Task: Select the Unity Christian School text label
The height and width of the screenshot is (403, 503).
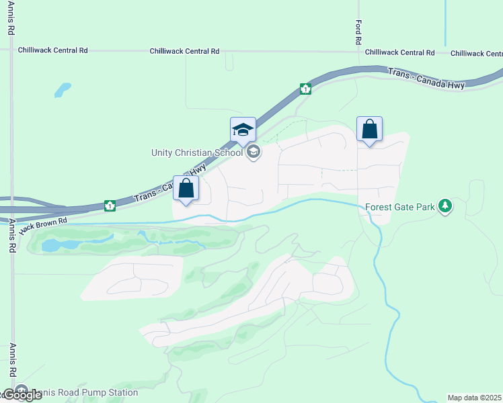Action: pos(196,152)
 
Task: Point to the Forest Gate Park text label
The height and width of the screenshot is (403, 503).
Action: pos(400,207)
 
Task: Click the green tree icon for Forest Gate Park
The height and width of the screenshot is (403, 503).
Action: pos(444,206)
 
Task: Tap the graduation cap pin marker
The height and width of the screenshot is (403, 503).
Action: pos(243,130)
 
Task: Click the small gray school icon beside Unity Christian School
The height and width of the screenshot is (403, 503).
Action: pos(254,152)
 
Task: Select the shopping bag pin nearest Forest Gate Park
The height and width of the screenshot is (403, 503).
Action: pos(369,129)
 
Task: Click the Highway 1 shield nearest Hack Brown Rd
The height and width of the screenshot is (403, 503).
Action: pos(109,204)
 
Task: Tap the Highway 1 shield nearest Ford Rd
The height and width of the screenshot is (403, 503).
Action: pos(305,89)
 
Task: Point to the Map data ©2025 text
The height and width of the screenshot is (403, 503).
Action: pos(475,398)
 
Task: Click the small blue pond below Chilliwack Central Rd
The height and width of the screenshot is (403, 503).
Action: pos(63,89)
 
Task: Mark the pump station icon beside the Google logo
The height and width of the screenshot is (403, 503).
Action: pos(21,390)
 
